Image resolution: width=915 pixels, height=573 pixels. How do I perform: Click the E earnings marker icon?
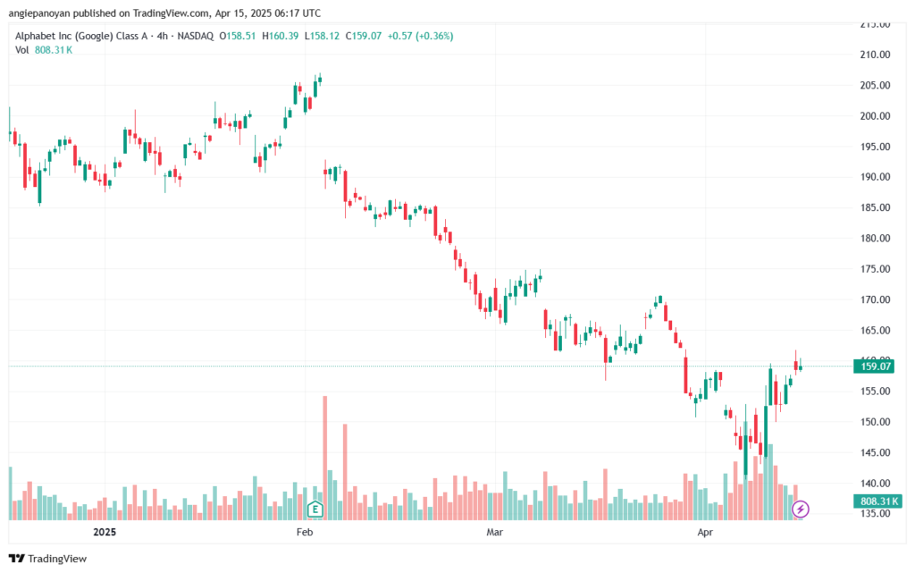point(315,510)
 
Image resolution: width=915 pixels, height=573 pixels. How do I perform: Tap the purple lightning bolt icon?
point(802,510)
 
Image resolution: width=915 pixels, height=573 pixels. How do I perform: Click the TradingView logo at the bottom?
point(48,559)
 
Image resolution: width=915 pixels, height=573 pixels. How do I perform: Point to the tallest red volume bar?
point(325,456)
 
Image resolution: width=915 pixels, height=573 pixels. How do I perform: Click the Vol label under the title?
point(22,50)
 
